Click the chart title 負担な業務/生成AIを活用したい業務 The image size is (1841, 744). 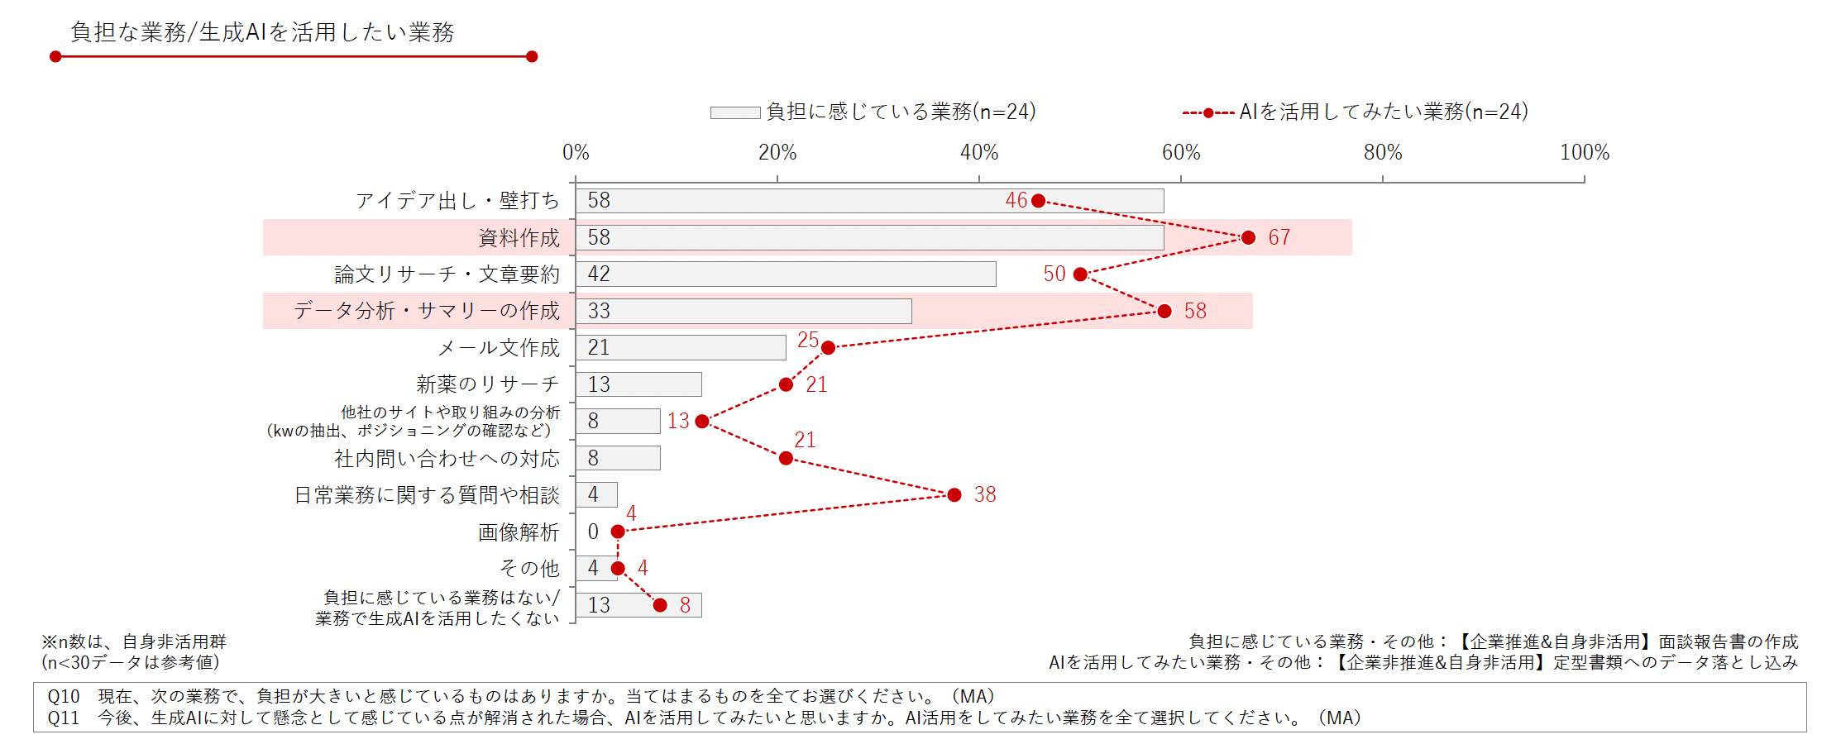coord(262,32)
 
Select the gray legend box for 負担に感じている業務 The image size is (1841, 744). coord(734,112)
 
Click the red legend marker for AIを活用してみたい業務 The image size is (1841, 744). coord(1208,112)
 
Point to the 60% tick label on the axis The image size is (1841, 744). coord(1180,153)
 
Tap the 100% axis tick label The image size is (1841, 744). coord(1584,153)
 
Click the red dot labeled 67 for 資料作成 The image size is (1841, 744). coord(1248,238)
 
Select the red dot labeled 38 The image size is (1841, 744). coord(954,495)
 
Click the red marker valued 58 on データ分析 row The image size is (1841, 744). coord(1164,312)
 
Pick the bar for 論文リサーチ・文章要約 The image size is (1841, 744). coord(786,274)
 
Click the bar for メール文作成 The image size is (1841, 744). coord(681,348)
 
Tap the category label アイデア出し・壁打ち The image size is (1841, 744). coord(457,201)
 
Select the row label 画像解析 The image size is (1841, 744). coord(519,532)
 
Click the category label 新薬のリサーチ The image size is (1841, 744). coord(487,384)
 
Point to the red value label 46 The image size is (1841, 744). coord(1016,200)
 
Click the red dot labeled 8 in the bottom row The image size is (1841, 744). coord(660,605)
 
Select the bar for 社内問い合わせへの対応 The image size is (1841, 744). coord(618,458)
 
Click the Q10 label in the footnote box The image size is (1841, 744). coord(64,697)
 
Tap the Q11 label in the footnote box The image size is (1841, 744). coord(64,718)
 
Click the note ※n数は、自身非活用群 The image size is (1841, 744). coord(134,641)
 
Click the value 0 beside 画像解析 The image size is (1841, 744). coord(593,532)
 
